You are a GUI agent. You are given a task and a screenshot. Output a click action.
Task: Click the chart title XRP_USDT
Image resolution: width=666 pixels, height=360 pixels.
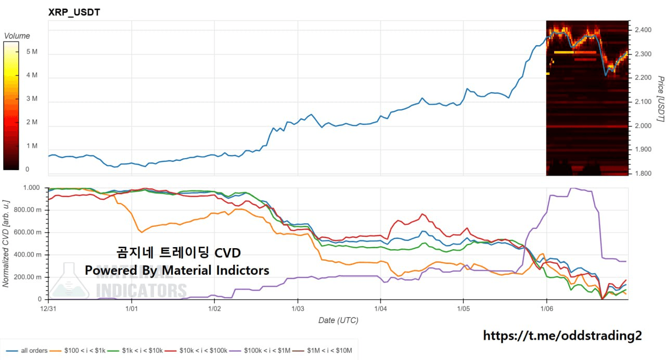74,12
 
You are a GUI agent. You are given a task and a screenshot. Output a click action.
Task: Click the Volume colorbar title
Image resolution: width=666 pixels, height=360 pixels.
17,36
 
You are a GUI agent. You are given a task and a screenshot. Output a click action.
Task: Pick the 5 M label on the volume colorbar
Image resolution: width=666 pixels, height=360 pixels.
31,52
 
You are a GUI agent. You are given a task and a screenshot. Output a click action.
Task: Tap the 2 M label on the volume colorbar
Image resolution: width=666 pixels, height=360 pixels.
31,122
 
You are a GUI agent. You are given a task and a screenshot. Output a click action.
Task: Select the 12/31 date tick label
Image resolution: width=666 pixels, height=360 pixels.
48,309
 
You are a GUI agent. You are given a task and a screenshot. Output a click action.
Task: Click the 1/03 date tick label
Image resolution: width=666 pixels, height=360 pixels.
297,309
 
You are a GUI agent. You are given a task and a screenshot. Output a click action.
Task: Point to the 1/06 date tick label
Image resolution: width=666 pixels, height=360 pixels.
546,309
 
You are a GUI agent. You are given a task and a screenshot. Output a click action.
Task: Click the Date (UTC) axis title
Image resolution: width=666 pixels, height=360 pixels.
338,320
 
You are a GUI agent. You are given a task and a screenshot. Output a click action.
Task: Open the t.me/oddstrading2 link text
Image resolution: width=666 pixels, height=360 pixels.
562,336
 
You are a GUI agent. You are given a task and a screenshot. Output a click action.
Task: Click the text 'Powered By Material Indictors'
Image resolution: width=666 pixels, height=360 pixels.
177,271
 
